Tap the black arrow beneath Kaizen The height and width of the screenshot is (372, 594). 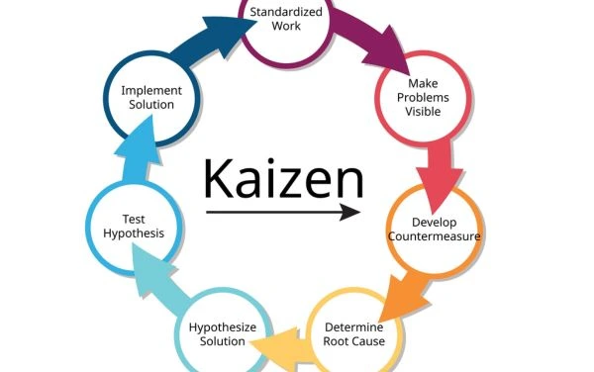(x=283, y=212)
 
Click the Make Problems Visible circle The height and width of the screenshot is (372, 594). (x=422, y=97)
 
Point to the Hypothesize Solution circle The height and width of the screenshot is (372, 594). (x=223, y=333)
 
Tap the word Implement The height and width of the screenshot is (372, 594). (x=150, y=90)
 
